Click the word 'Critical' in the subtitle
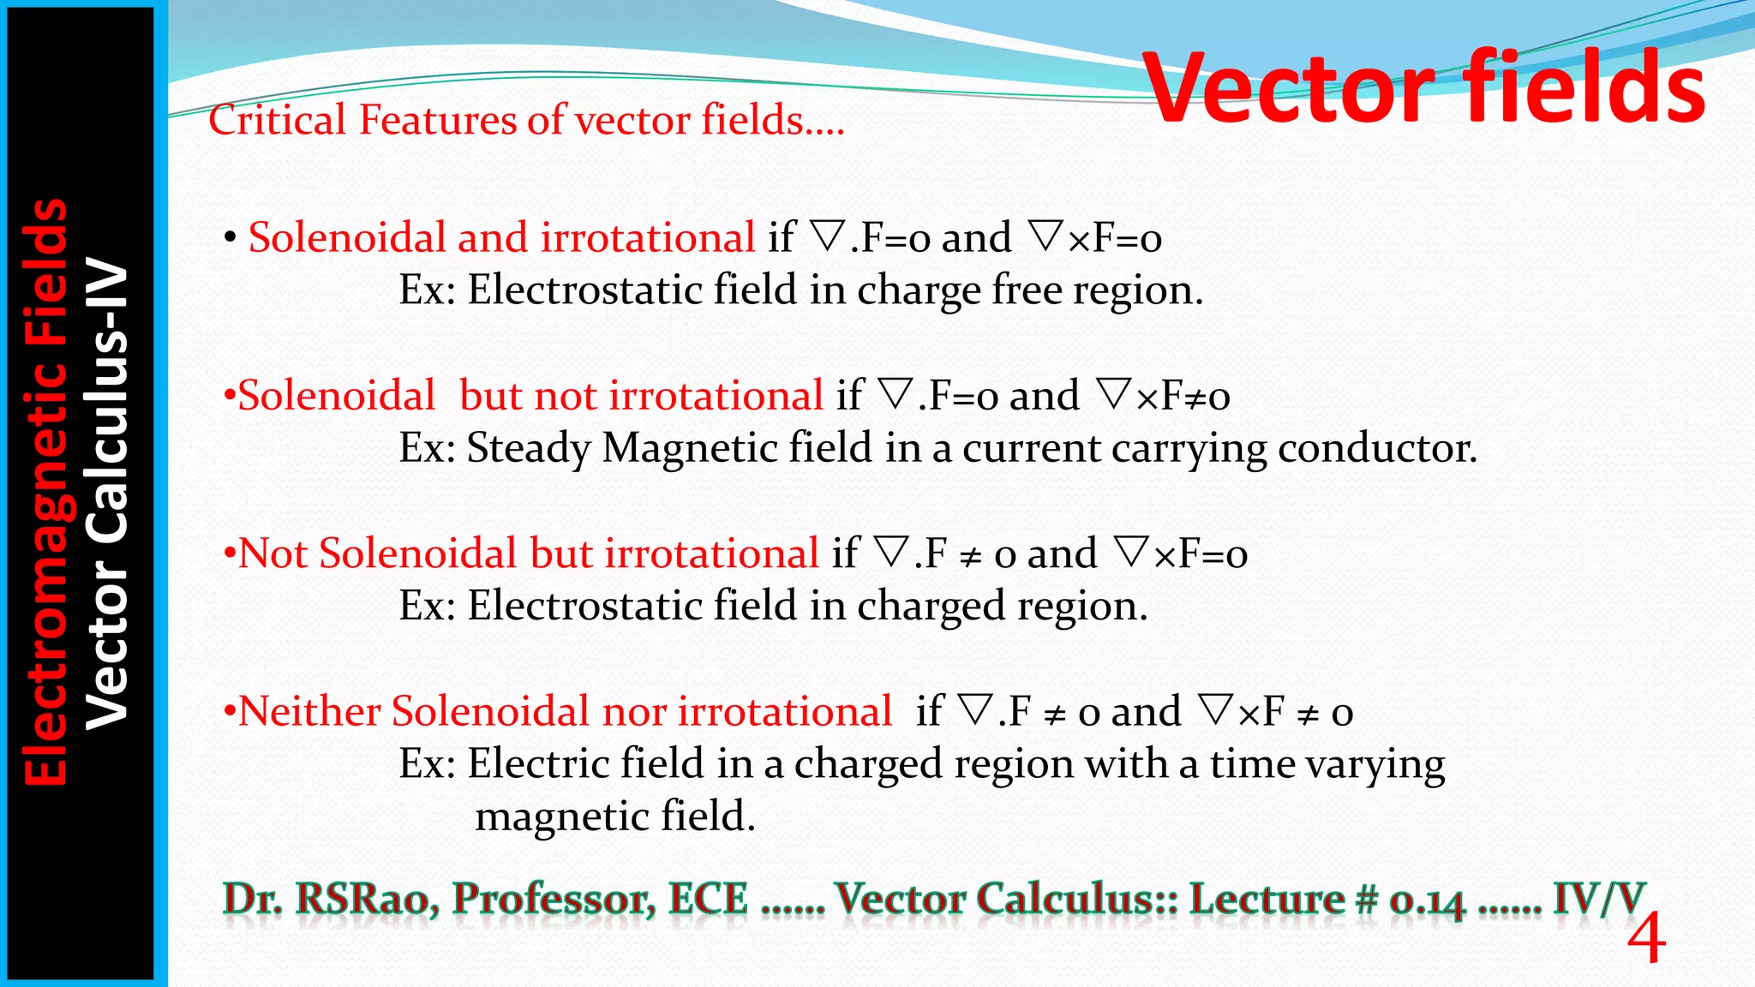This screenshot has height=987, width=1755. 276,120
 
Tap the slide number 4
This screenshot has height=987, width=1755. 1645,941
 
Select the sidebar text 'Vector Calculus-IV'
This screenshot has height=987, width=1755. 108,495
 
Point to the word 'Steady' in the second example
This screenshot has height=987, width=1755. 528,449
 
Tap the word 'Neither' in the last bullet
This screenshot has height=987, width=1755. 308,712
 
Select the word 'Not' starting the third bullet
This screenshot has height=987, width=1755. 273,554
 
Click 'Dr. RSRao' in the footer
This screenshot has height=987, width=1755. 331,900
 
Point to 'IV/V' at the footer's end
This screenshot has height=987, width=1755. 1599,900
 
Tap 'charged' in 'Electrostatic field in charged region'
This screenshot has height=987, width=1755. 931,607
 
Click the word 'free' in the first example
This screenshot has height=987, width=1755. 1027,290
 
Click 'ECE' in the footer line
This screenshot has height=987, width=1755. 708,900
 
